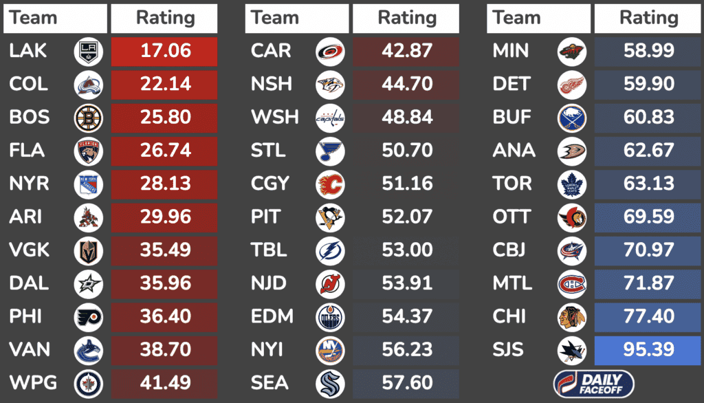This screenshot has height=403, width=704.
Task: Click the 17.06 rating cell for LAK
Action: pos(164,51)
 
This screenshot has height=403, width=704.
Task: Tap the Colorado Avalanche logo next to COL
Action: pos(88,85)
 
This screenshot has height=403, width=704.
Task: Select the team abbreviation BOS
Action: pos(30,118)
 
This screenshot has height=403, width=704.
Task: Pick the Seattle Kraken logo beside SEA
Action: pos(330,383)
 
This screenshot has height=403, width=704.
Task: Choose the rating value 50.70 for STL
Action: pos(407,151)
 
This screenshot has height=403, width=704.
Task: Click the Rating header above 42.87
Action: pos(407,19)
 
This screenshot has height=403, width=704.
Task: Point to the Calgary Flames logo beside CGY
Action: pos(330,184)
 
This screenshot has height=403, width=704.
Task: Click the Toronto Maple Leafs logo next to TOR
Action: pos(572,184)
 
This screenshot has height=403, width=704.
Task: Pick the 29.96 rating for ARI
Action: pos(164,217)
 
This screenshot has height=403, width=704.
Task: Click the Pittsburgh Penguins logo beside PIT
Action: pos(330,217)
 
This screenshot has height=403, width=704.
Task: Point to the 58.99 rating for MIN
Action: pos(648,51)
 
